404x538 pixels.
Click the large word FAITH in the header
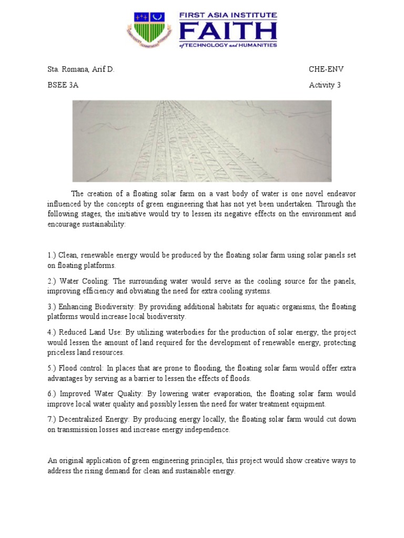(x=228, y=32)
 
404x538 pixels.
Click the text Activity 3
(x=325, y=85)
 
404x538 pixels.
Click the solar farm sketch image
(x=202, y=141)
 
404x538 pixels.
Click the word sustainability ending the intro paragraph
(x=104, y=223)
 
